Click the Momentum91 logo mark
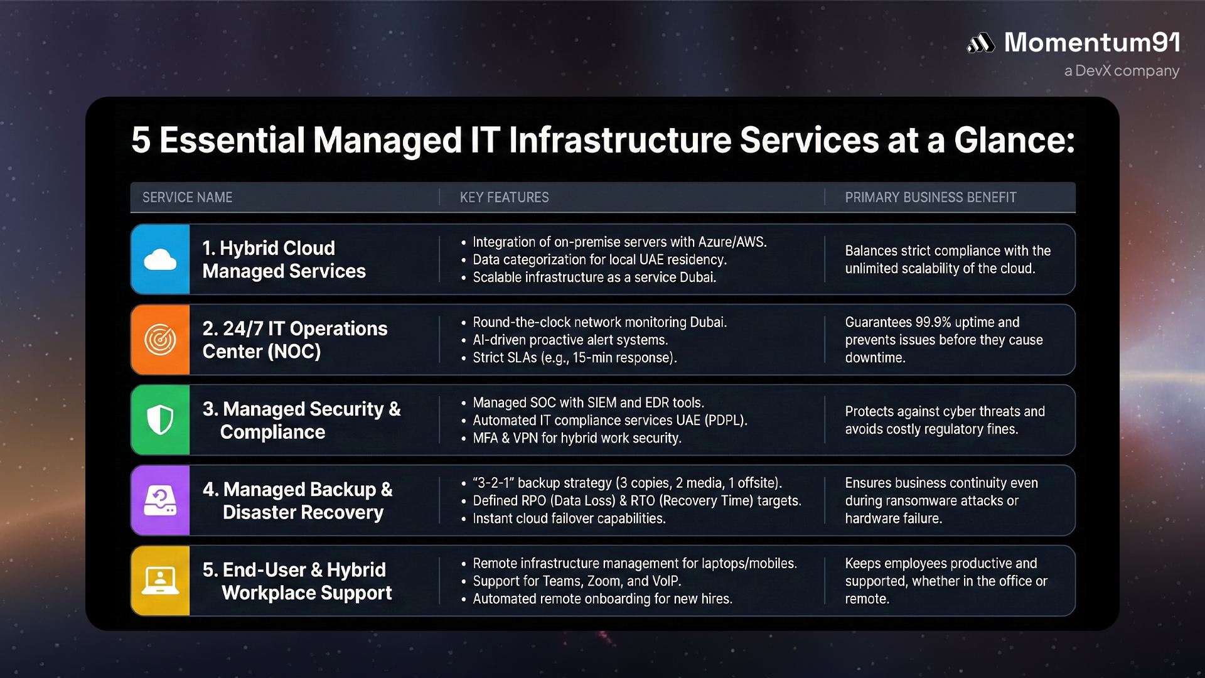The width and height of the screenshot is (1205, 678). click(x=980, y=43)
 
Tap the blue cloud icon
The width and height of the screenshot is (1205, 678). click(x=160, y=259)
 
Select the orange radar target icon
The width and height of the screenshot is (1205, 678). click(x=160, y=340)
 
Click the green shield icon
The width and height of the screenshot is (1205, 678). click(x=160, y=420)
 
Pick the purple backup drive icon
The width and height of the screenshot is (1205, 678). click(x=160, y=500)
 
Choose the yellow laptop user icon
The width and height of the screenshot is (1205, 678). click(x=160, y=581)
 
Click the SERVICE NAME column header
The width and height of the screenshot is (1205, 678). click(x=187, y=197)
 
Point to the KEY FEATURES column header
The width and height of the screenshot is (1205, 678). click(x=504, y=197)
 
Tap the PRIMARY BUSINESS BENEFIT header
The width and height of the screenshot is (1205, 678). click(x=930, y=197)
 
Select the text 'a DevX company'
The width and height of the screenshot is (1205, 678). click(x=1122, y=71)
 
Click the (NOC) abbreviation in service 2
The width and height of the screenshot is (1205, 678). click(x=294, y=351)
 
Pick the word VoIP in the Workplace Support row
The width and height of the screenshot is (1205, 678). click(x=666, y=581)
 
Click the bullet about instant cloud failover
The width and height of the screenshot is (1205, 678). click(x=569, y=518)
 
